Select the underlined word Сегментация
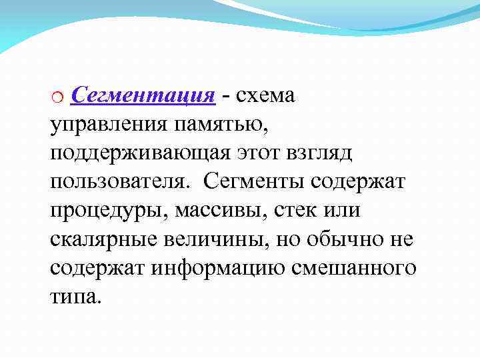coord(143,96)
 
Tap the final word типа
coord(75,296)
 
